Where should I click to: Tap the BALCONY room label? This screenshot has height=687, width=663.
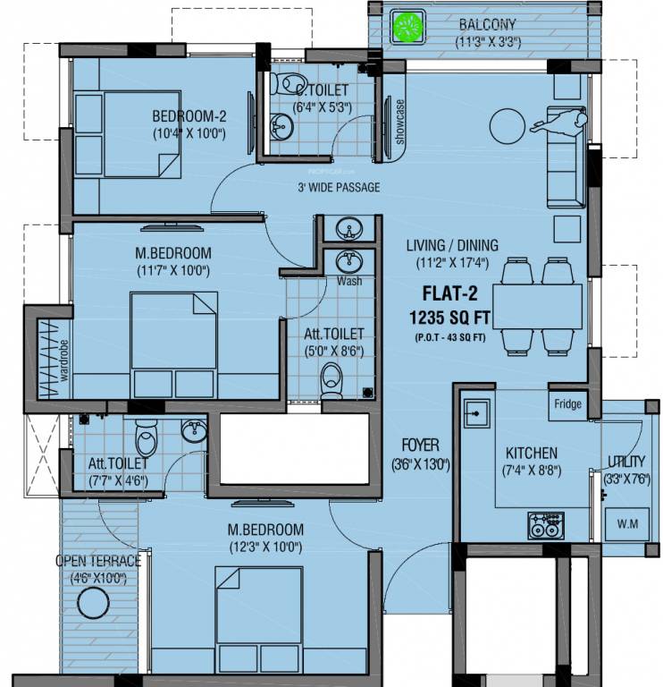click(x=488, y=24)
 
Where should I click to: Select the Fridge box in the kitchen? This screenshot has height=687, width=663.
click(x=567, y=404)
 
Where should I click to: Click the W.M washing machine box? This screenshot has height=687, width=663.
click(x=627, y=523)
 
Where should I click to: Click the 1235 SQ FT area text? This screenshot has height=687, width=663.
click(x=452, y=316)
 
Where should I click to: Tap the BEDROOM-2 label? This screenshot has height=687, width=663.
click(x=188, y=115)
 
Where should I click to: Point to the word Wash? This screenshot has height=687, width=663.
click(x=349, y=281)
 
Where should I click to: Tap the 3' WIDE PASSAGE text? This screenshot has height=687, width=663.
click(x=339, y=188)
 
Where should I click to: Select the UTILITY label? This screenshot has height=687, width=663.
click(x=625, y=462)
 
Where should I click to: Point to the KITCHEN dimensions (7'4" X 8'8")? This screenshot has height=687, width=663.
click(x=531, y=471)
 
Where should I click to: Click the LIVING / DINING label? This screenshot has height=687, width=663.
click(x=452, y=246)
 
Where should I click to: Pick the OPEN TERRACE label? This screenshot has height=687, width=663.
click(x=98, y=561)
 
